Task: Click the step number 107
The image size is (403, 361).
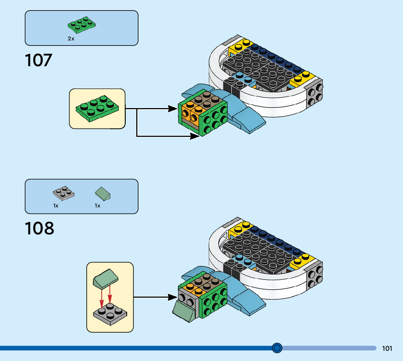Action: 39,60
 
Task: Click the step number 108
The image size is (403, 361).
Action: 39,229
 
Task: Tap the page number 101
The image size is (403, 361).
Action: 387,348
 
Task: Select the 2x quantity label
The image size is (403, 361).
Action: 71,39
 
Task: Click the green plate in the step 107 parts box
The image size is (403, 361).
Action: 82,24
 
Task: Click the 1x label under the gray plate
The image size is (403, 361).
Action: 56,206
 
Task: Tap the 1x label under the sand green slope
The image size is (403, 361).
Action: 97,206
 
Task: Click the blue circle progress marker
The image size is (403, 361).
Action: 277,348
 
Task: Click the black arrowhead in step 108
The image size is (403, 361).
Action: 173,297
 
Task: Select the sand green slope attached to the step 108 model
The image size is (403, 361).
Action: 185,310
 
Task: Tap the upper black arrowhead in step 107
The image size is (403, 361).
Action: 173,108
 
